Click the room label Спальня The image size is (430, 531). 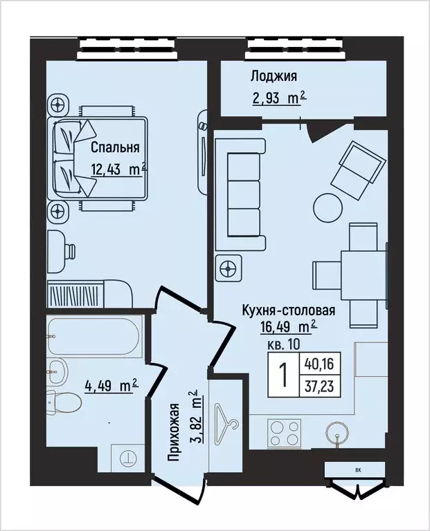[x=115, y=147]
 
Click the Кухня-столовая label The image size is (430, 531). [x=288, y=310]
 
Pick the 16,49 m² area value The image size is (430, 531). [x=288, y=326]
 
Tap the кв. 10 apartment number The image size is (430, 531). [x=283, y=344]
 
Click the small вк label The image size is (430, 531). [x=357, y=470]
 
